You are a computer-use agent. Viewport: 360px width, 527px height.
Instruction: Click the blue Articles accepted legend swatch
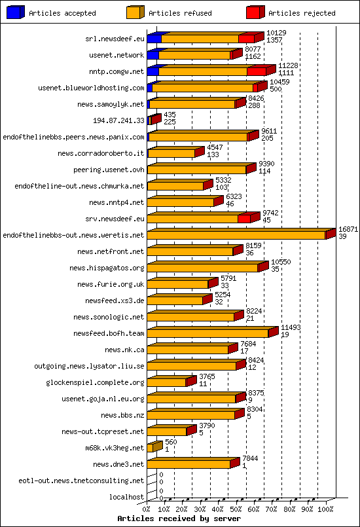click(16, 12)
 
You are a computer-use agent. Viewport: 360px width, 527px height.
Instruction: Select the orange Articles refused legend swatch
click(135, 12)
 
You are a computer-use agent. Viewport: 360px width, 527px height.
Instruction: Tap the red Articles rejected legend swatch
click(255, 12)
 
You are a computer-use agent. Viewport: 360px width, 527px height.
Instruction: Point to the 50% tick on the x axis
click(236, 508)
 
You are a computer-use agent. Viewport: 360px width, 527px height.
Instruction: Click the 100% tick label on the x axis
click(325, 508)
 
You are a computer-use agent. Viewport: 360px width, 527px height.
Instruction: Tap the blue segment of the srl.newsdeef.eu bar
click(154, 39)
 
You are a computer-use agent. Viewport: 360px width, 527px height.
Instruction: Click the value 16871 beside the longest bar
click(348, 229)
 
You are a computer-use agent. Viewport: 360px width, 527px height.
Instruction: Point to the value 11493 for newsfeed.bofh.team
click(290, 327)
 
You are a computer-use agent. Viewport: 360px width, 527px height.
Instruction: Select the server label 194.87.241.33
click(120, 120)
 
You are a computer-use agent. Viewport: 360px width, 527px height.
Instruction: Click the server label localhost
click(126, 497)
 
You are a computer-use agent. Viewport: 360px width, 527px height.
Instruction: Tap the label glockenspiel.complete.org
click(95, 382)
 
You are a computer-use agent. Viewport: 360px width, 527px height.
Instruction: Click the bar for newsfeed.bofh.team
click(207, 333)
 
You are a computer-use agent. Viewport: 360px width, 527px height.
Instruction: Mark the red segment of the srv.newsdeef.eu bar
click(244, 218)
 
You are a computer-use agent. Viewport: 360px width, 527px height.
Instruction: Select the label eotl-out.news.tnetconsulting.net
click(81, 481)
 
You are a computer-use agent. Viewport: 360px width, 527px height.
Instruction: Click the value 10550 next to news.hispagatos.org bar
click(281, 262)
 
